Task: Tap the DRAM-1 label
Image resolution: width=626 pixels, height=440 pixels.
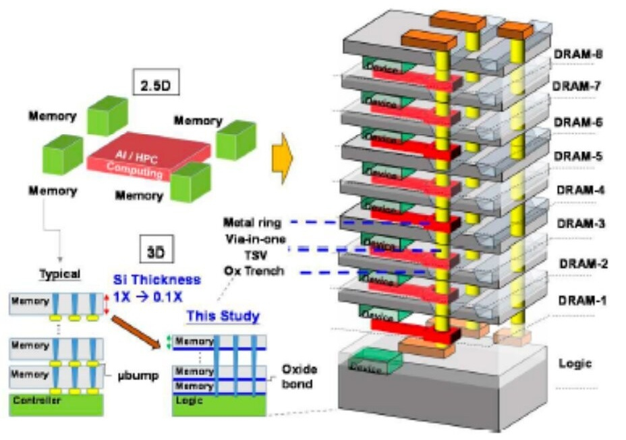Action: [581, 299]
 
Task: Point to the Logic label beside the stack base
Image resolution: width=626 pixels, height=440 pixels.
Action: [575, 363]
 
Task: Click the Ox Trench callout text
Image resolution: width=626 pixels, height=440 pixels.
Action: [254, 271]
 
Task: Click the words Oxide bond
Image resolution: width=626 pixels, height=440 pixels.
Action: [297, 376]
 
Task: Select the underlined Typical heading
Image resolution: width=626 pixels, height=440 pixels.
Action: [60, 274]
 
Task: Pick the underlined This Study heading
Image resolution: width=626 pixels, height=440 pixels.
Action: [223, 315]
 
